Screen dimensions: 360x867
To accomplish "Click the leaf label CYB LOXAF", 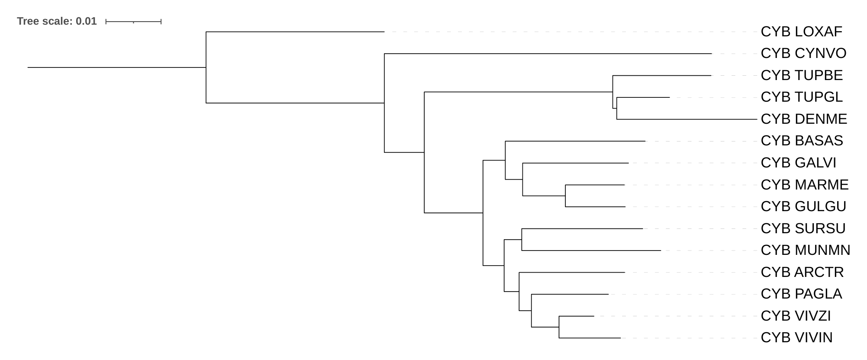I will point(801,32).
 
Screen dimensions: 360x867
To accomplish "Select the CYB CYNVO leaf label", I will point(803,53).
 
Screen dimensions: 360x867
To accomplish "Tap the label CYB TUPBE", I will point(801,75).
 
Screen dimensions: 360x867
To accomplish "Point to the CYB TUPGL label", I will point(801,97).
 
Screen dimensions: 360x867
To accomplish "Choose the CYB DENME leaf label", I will point(803,119).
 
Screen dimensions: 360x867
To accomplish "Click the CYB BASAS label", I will point(801,141).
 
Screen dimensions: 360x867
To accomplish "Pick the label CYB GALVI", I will point(798,163).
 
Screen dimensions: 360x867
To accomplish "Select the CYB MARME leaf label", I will point(804,185).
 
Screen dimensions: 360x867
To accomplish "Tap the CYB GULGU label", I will point(803,206).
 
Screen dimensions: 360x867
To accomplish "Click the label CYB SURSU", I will point(803,228).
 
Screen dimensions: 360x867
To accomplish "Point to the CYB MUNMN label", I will point(805,250).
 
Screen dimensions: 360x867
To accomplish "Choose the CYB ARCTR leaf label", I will point(802,272).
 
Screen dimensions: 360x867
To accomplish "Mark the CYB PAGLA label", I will point(801,294).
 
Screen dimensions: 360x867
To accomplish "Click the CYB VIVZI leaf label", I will point(795,316).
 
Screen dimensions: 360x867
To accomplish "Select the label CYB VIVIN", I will point(796,337).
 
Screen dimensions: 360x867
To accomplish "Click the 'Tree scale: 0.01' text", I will point(57,21).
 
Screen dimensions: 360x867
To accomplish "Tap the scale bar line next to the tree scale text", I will point(133,21).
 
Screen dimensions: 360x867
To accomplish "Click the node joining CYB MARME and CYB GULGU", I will point(565,196).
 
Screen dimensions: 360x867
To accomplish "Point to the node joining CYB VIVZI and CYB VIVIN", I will point(559,327).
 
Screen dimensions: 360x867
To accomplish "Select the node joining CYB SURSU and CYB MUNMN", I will point(522,239).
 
